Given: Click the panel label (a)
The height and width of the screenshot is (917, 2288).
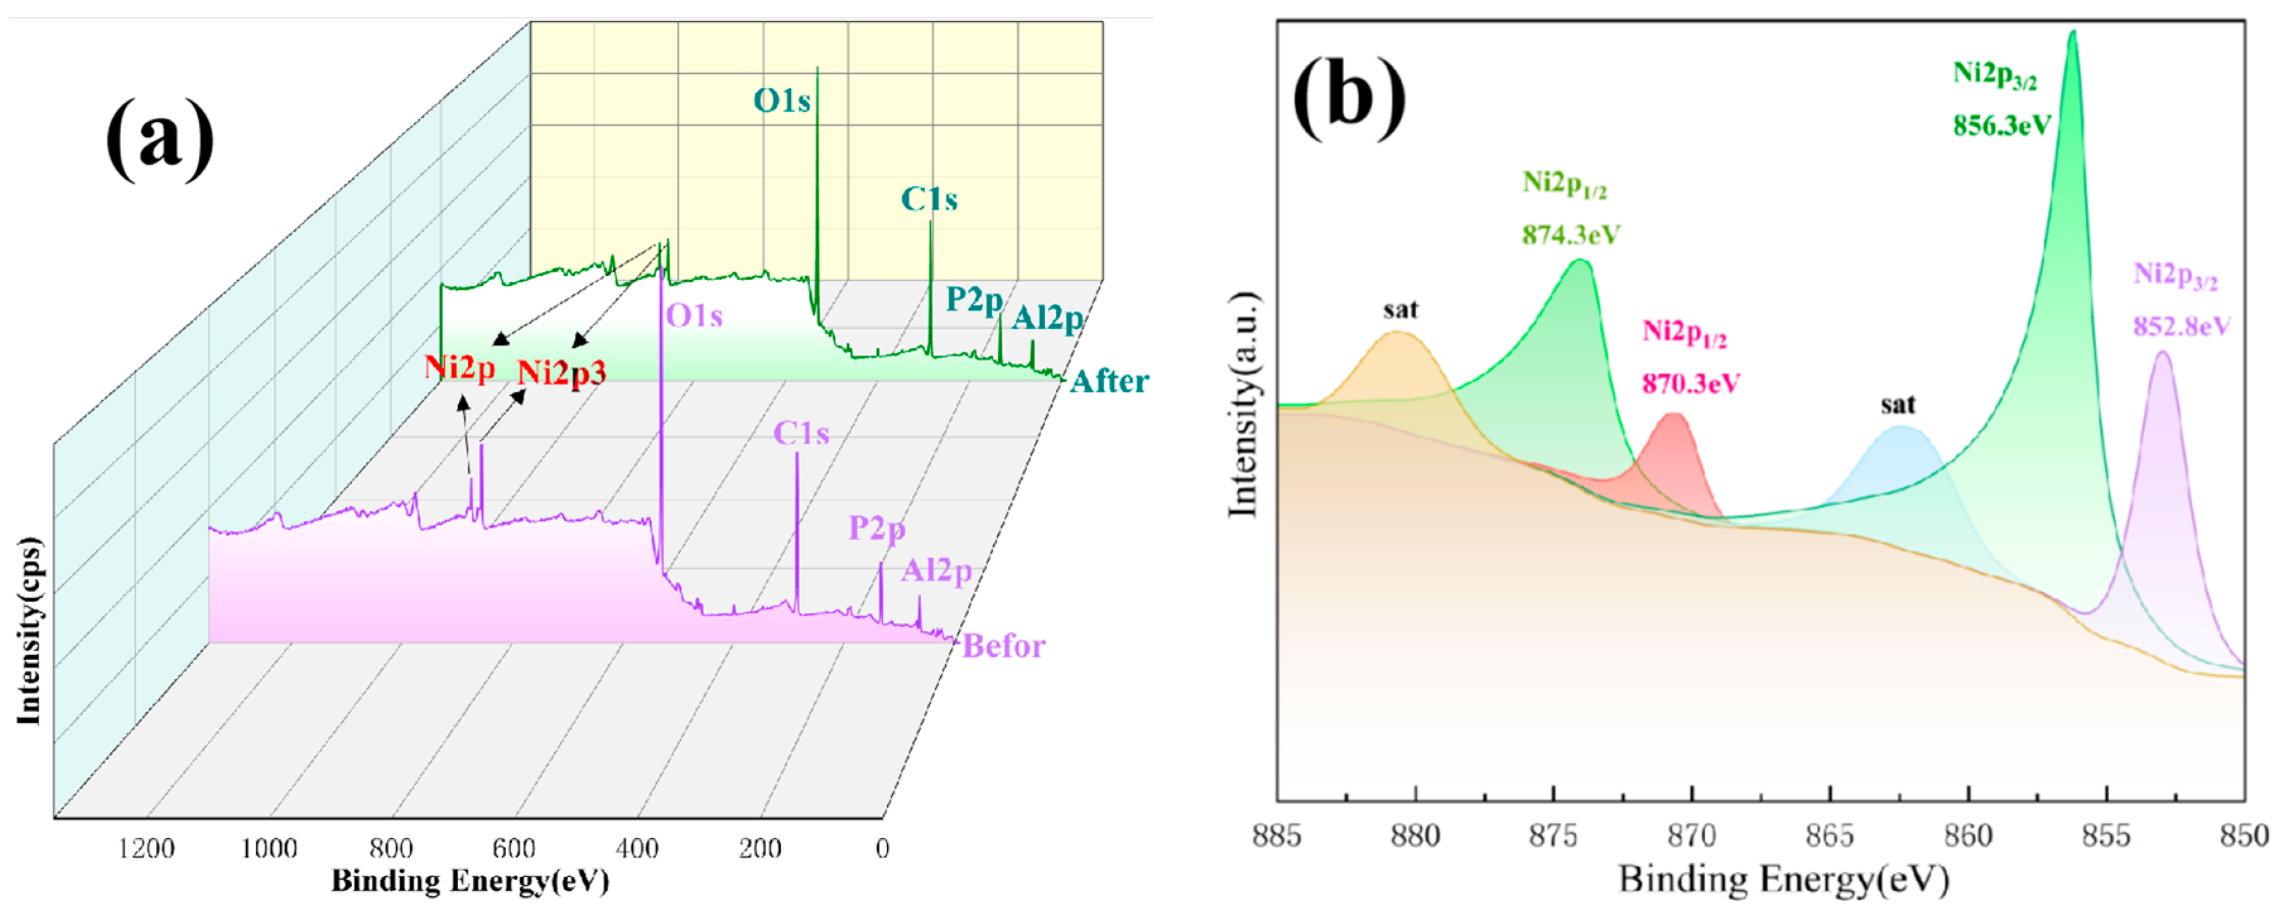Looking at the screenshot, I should (160, 138).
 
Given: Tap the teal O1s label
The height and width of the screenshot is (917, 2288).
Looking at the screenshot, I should (782, 102).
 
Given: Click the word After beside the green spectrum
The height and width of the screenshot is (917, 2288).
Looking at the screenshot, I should (1109, 382).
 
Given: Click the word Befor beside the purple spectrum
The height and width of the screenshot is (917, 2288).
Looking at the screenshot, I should (1004, 646).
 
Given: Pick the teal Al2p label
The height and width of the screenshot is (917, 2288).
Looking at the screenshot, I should (1048, 318).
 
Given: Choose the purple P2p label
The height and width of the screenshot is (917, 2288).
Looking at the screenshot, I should (876, 529).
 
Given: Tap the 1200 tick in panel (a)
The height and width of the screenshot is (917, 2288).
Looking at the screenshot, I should (146, 849).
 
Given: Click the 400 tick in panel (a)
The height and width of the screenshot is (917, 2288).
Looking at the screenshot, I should (638, 849).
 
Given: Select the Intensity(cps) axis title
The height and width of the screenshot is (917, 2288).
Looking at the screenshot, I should (29, 631).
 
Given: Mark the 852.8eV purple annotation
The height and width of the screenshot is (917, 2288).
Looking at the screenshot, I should (2181, 327).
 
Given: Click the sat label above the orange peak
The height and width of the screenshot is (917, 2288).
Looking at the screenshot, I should (1400, 309).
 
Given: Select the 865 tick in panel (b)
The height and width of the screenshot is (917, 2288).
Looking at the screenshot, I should (1830, 835).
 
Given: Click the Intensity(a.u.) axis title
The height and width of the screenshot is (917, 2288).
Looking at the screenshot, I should (1244, 405).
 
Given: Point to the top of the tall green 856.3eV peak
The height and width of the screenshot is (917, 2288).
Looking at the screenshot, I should (2073, 34).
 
